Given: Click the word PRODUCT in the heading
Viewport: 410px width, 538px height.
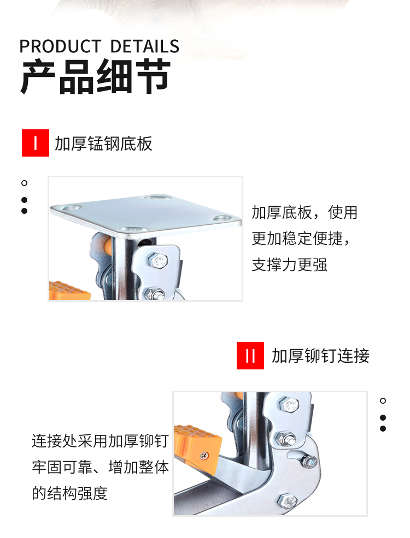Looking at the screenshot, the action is tap(60, 46).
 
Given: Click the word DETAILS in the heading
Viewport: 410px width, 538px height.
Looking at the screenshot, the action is tap(145, 46).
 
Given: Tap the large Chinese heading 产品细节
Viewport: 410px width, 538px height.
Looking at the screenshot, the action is tap(96, 76).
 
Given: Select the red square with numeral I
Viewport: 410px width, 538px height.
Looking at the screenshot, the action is tap(36, 143).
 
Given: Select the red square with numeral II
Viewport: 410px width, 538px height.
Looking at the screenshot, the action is tap(250, 355).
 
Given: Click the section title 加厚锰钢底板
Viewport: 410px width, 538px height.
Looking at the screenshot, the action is tap(103, 144).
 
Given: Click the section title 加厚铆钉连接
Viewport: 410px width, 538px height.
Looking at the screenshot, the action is tap(320, 356).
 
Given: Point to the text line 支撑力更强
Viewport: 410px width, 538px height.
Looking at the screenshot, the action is tap(289, 265).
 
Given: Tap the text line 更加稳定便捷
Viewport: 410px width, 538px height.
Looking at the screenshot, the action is tap(301, 239).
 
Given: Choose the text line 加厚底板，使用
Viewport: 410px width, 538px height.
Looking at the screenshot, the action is tap(304, 212).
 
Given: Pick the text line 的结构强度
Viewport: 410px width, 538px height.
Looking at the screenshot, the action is tap(70, 493).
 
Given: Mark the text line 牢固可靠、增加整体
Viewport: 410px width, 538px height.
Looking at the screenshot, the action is tap(101, 467).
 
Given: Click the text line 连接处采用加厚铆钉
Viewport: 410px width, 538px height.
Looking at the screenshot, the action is tap(101, 441).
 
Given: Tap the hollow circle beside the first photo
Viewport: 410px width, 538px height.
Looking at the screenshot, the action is tap(24, 183).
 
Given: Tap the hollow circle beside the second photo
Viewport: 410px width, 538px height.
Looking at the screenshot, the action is tap(383, 400).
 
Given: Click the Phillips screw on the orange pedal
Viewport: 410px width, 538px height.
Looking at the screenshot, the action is tap(204, 456).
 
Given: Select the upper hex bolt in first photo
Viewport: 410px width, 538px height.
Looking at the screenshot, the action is tap(158, 261).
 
